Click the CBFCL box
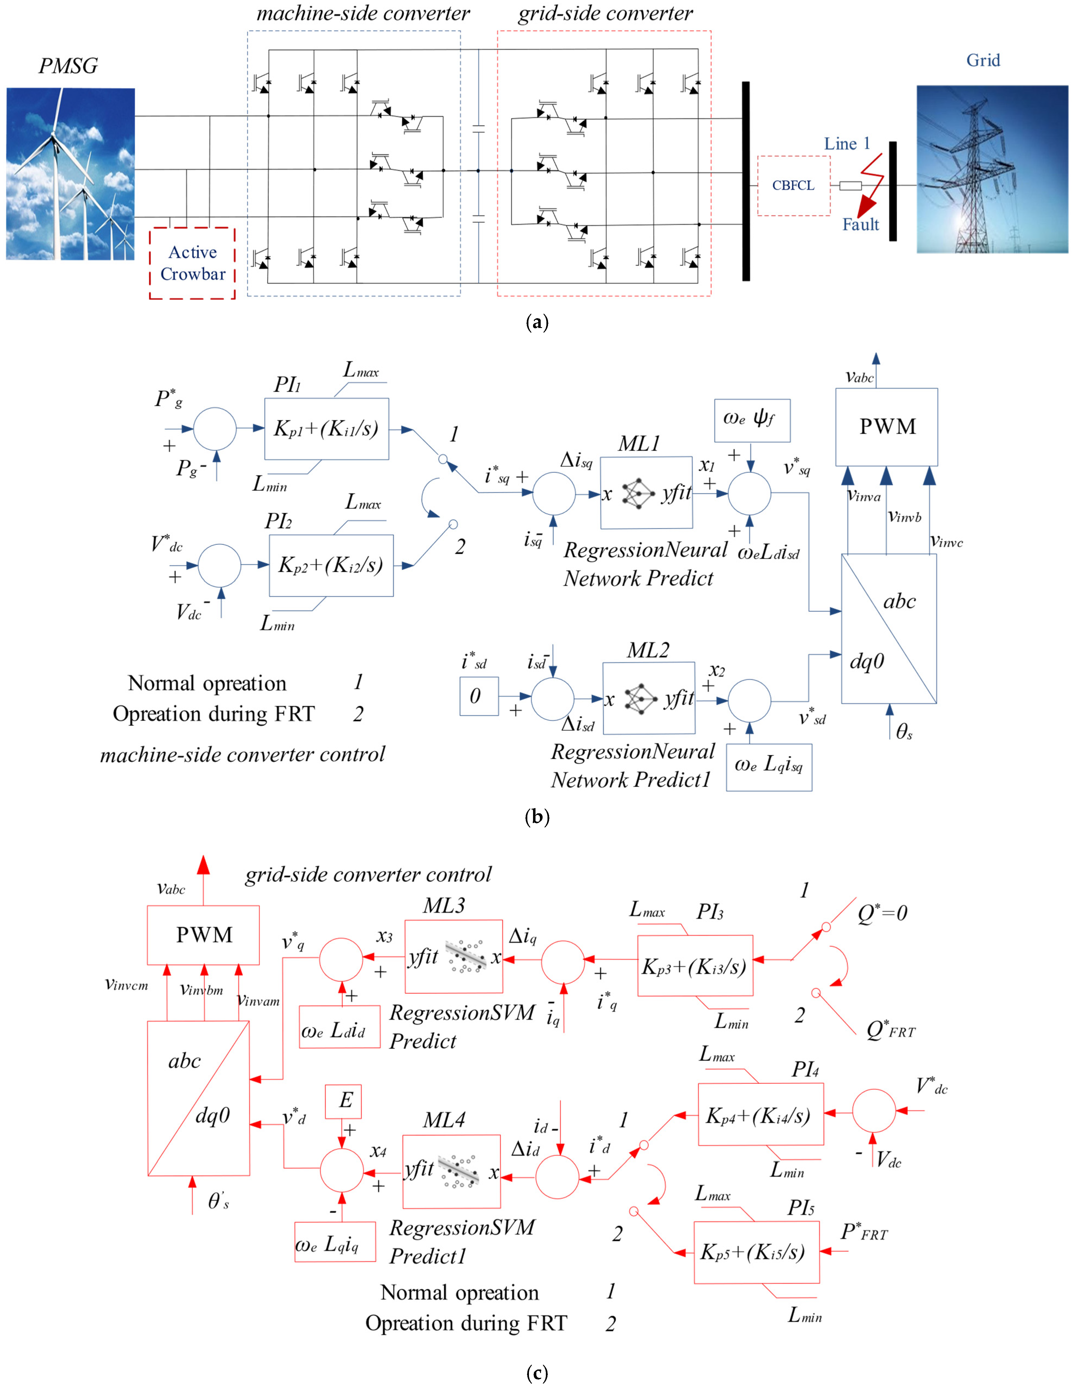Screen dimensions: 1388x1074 (793, 186)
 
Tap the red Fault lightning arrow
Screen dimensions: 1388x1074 (869, 191)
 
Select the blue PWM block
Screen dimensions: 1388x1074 (886, 426)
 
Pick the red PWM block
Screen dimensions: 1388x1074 (203, 935)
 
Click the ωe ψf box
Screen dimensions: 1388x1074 (752, 420)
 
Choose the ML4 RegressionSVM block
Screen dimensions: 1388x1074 (451, 1171)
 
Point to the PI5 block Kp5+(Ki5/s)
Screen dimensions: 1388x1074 (756, 1252)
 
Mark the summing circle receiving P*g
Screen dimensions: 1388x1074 (215, 429)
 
